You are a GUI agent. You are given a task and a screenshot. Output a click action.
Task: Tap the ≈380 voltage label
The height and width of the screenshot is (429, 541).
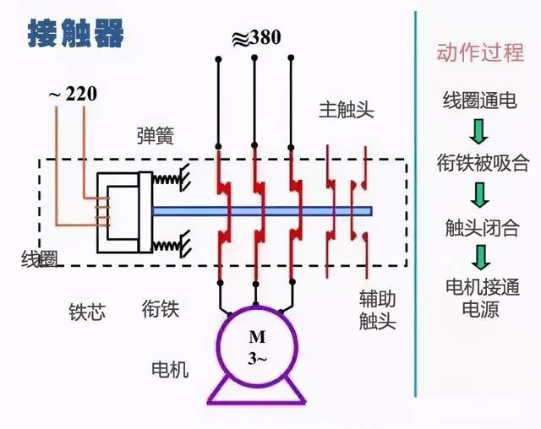pos(255,37)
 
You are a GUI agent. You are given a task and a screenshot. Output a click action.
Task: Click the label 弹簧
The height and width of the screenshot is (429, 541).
pos(156,136)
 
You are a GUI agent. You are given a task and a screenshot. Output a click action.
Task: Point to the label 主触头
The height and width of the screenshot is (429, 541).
pos(346,110)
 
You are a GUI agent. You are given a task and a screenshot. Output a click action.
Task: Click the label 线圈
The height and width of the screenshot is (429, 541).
pos(39,259)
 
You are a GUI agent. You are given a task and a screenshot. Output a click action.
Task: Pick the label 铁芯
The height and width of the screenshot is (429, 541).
pos(87,312)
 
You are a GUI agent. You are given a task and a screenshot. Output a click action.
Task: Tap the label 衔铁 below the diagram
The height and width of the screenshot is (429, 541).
pos(161,309)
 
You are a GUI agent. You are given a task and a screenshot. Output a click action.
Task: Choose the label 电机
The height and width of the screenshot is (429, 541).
pos(170,370)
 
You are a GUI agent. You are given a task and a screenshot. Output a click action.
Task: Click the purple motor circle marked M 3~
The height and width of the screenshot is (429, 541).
pos(257,346)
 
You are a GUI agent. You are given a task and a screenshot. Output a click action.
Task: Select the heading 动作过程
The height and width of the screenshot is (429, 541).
pos(480,53)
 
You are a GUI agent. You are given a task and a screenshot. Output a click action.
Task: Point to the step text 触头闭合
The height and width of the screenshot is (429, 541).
pos(479,226)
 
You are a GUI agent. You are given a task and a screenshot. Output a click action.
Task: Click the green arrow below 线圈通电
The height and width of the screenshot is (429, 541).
pos(480,131)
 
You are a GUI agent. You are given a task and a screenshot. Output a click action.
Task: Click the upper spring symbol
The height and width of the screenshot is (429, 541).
pos(171,181)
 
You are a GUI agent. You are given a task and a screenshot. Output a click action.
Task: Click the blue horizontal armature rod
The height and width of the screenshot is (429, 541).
pos(262,210)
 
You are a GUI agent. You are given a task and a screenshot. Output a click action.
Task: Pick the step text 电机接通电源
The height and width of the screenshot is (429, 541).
pos(479,297)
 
